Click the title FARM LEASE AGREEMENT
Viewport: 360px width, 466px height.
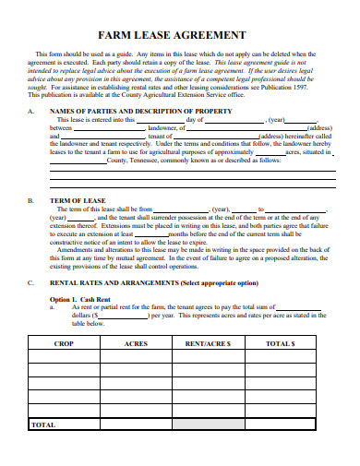point(179,35)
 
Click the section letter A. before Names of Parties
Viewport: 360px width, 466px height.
point(31,111)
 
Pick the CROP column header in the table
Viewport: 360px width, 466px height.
point(64,342)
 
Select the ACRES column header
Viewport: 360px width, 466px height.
point(137,342)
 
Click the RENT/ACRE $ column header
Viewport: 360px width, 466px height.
point(209,342)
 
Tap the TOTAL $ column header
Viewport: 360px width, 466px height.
point(281,342)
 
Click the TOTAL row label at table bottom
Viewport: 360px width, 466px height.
point(43,425)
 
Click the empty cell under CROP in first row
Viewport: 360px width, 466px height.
point(64,357)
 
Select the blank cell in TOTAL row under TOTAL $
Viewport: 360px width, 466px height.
point(281,425)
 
